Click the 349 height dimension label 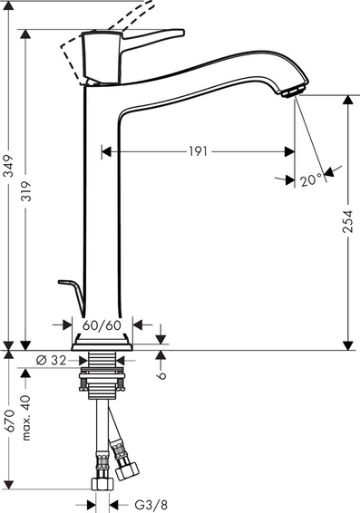[x=9, y=166]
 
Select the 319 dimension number [x=25, y=190]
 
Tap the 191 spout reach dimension [x=198, y=151]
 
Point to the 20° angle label [x=311, y=180]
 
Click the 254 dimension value [x=348, y=221]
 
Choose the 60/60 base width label [x=102, y=325]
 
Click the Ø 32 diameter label [x=51, y=360]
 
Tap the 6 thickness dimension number [x=161, y=375]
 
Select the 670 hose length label [x=9, y=421]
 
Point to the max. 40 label [x=25, y=418]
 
